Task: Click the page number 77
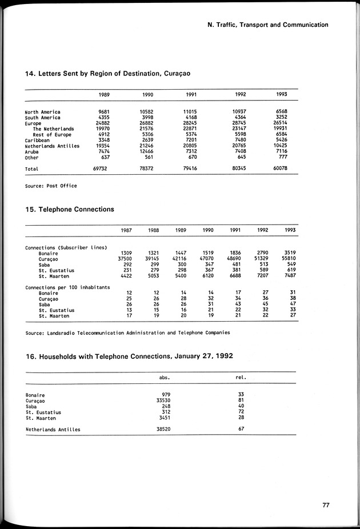click(325, 504)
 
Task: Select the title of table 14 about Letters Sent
click(107, 74)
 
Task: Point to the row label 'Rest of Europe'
click(52, 135)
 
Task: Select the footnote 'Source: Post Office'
click(51, 186)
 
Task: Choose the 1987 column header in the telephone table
click(126, 230)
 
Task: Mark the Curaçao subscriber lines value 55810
click(289, 259)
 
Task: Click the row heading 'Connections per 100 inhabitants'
click(67, 287)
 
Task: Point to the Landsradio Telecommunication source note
click(128, 332)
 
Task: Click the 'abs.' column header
click(165, 377)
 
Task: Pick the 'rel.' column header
click(242, 377)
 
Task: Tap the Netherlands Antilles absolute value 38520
click(164, 429)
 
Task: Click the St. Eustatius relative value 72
click(241, 412)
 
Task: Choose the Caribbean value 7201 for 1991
click(190, 141)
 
